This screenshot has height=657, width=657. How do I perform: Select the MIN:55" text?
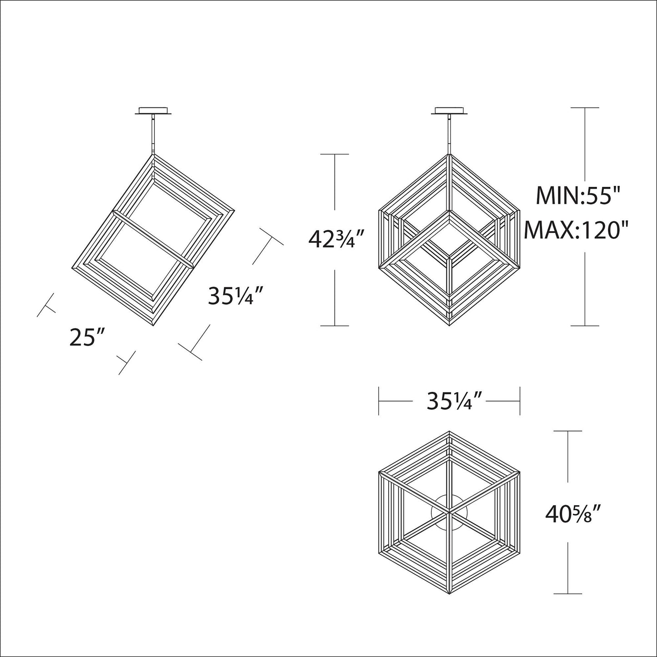coord(578,196)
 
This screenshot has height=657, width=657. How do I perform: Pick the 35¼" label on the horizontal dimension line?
coord(449,401)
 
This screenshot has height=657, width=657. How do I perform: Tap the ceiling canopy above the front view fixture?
coord(449,111)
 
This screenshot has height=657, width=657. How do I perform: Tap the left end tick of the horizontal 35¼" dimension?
coord(379,401)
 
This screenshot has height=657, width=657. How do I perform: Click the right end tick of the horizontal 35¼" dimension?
coord(520,401)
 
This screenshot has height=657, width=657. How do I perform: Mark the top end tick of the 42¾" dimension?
coord(335,155)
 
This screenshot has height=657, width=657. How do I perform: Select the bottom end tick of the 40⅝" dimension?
coord(568,594)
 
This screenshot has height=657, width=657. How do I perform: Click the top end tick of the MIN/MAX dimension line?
coord(585,108)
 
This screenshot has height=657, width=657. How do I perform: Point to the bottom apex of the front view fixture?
coord(449,325)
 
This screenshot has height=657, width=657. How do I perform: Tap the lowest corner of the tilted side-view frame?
coord(154,325)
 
